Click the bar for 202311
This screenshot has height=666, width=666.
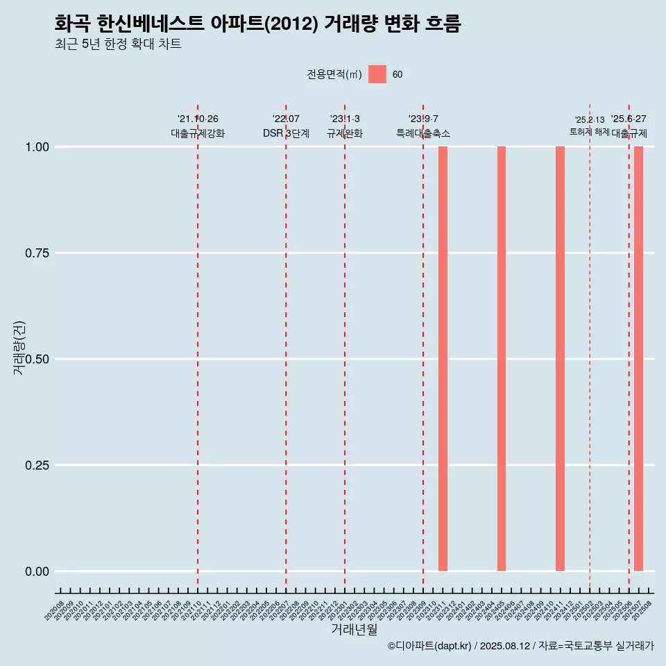[x=443, y=359]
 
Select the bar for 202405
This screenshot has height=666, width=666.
[x=502, y=359]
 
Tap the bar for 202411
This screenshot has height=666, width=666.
[x=560, y=359]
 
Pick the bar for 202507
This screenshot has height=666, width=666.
[x=638, y=359]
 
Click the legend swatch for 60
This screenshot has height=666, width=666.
[x=377, y=74]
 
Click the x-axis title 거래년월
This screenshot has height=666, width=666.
[x=354, y=629]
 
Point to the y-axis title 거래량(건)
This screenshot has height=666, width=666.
[x=19, y=347]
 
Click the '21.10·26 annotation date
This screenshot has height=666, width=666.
[x=198, y=119]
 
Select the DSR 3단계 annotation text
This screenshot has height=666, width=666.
[x=286, y=133]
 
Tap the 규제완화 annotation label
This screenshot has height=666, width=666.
[x=345, y=133]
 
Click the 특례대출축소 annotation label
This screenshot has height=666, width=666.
[x=423, y=133]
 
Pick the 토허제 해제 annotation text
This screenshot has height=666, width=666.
[x=590, y=131]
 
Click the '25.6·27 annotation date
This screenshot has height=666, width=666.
[x=629, y=119]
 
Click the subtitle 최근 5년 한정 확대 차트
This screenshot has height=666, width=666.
[x=118, y=44]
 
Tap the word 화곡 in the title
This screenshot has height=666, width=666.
[x=72, y=24]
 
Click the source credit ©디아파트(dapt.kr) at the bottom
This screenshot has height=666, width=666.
[x=429, y=646]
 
